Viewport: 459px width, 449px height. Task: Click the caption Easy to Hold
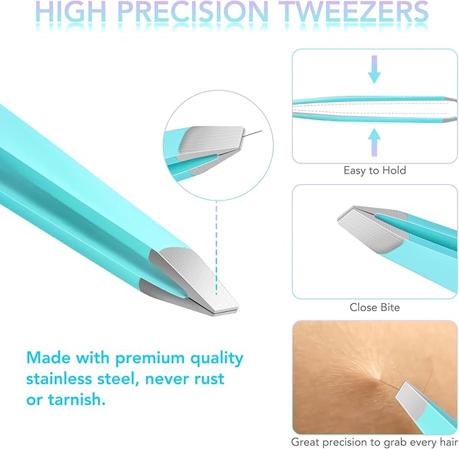tap(374, 170)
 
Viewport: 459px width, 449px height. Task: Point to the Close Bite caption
tap(375, 307)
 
